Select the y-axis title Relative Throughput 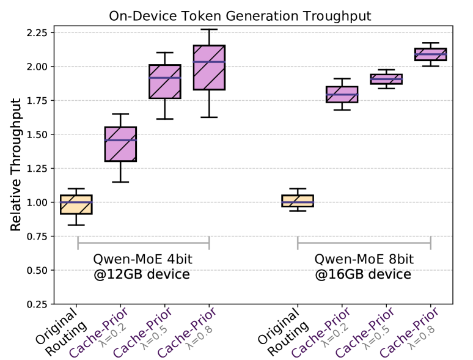[16, 165]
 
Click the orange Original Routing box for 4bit [76, 205]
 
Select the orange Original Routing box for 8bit [297, 201]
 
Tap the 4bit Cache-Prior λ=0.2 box [120, 144]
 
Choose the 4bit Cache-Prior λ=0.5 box [164, 81]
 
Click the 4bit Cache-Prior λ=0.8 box [208, 67]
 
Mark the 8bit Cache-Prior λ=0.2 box [342, 94]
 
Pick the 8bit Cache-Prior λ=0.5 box [386, 79]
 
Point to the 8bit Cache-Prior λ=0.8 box [430, 54]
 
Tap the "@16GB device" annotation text [363, 275]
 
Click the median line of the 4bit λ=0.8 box [208, 62]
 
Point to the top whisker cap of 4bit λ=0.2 [120, 114]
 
